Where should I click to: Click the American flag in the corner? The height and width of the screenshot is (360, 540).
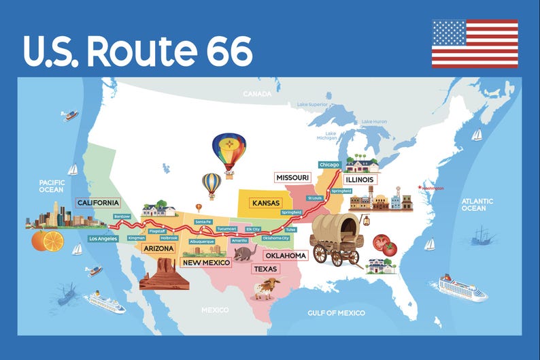click(475, 44)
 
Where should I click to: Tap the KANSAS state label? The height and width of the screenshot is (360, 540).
click(265, 203)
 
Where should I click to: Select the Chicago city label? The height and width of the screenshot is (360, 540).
click(330, 165)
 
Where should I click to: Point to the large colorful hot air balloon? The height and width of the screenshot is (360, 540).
click(229, 153)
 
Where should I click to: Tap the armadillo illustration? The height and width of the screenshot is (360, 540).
click(244, 253)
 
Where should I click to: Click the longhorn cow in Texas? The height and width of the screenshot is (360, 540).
click(266, 288)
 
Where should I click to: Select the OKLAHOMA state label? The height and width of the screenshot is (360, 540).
click(285, 255)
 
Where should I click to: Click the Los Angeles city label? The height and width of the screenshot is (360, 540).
click(103, 239)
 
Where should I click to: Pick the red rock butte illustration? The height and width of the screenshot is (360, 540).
click(164, 276)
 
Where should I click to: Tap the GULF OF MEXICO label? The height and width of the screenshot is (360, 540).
click(337, 313)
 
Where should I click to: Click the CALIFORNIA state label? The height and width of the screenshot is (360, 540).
click(98, 203)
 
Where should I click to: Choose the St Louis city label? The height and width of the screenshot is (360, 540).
click(314, 198)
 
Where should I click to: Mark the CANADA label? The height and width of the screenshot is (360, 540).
click(258, 93)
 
